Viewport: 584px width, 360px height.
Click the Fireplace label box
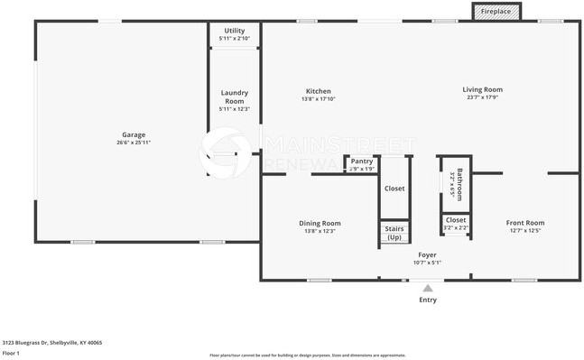(495, 11)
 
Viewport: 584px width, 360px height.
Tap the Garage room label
(134, 134)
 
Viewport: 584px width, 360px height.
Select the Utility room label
(235, 31)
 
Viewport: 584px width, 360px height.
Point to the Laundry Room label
(235, 97)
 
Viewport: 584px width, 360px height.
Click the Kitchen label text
(318, 91)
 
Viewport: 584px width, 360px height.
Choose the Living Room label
(482, 89)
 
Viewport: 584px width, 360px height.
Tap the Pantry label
(362, 162)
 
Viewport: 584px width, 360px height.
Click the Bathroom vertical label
(459, 183)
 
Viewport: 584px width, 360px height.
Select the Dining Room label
(320, 223)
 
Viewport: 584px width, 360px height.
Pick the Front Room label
(524, 223)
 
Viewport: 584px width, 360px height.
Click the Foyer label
(427, 255)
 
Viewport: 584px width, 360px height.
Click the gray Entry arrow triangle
(428, 288)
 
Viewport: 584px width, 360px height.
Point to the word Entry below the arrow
(428, 300)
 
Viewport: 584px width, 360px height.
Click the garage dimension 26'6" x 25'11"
(134, 143)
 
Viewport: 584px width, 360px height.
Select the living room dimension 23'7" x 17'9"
(482, 97)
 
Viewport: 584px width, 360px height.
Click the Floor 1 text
(11, 354)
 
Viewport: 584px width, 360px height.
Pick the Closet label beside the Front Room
(456, 219)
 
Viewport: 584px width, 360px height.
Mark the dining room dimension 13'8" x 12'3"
(320, 231)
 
